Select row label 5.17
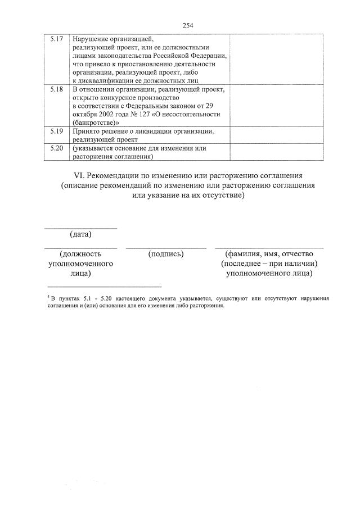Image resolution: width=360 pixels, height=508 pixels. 56,39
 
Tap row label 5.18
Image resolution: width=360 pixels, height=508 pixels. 56,89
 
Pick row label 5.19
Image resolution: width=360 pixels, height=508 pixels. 56,131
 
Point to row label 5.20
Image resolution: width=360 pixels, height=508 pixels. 56,148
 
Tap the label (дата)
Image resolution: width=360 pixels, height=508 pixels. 80,234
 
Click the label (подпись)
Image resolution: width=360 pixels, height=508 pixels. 166,254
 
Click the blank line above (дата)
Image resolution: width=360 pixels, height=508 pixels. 80,228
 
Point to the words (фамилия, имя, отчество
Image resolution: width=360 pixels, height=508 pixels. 269,254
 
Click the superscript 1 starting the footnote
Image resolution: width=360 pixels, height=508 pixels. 49,296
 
